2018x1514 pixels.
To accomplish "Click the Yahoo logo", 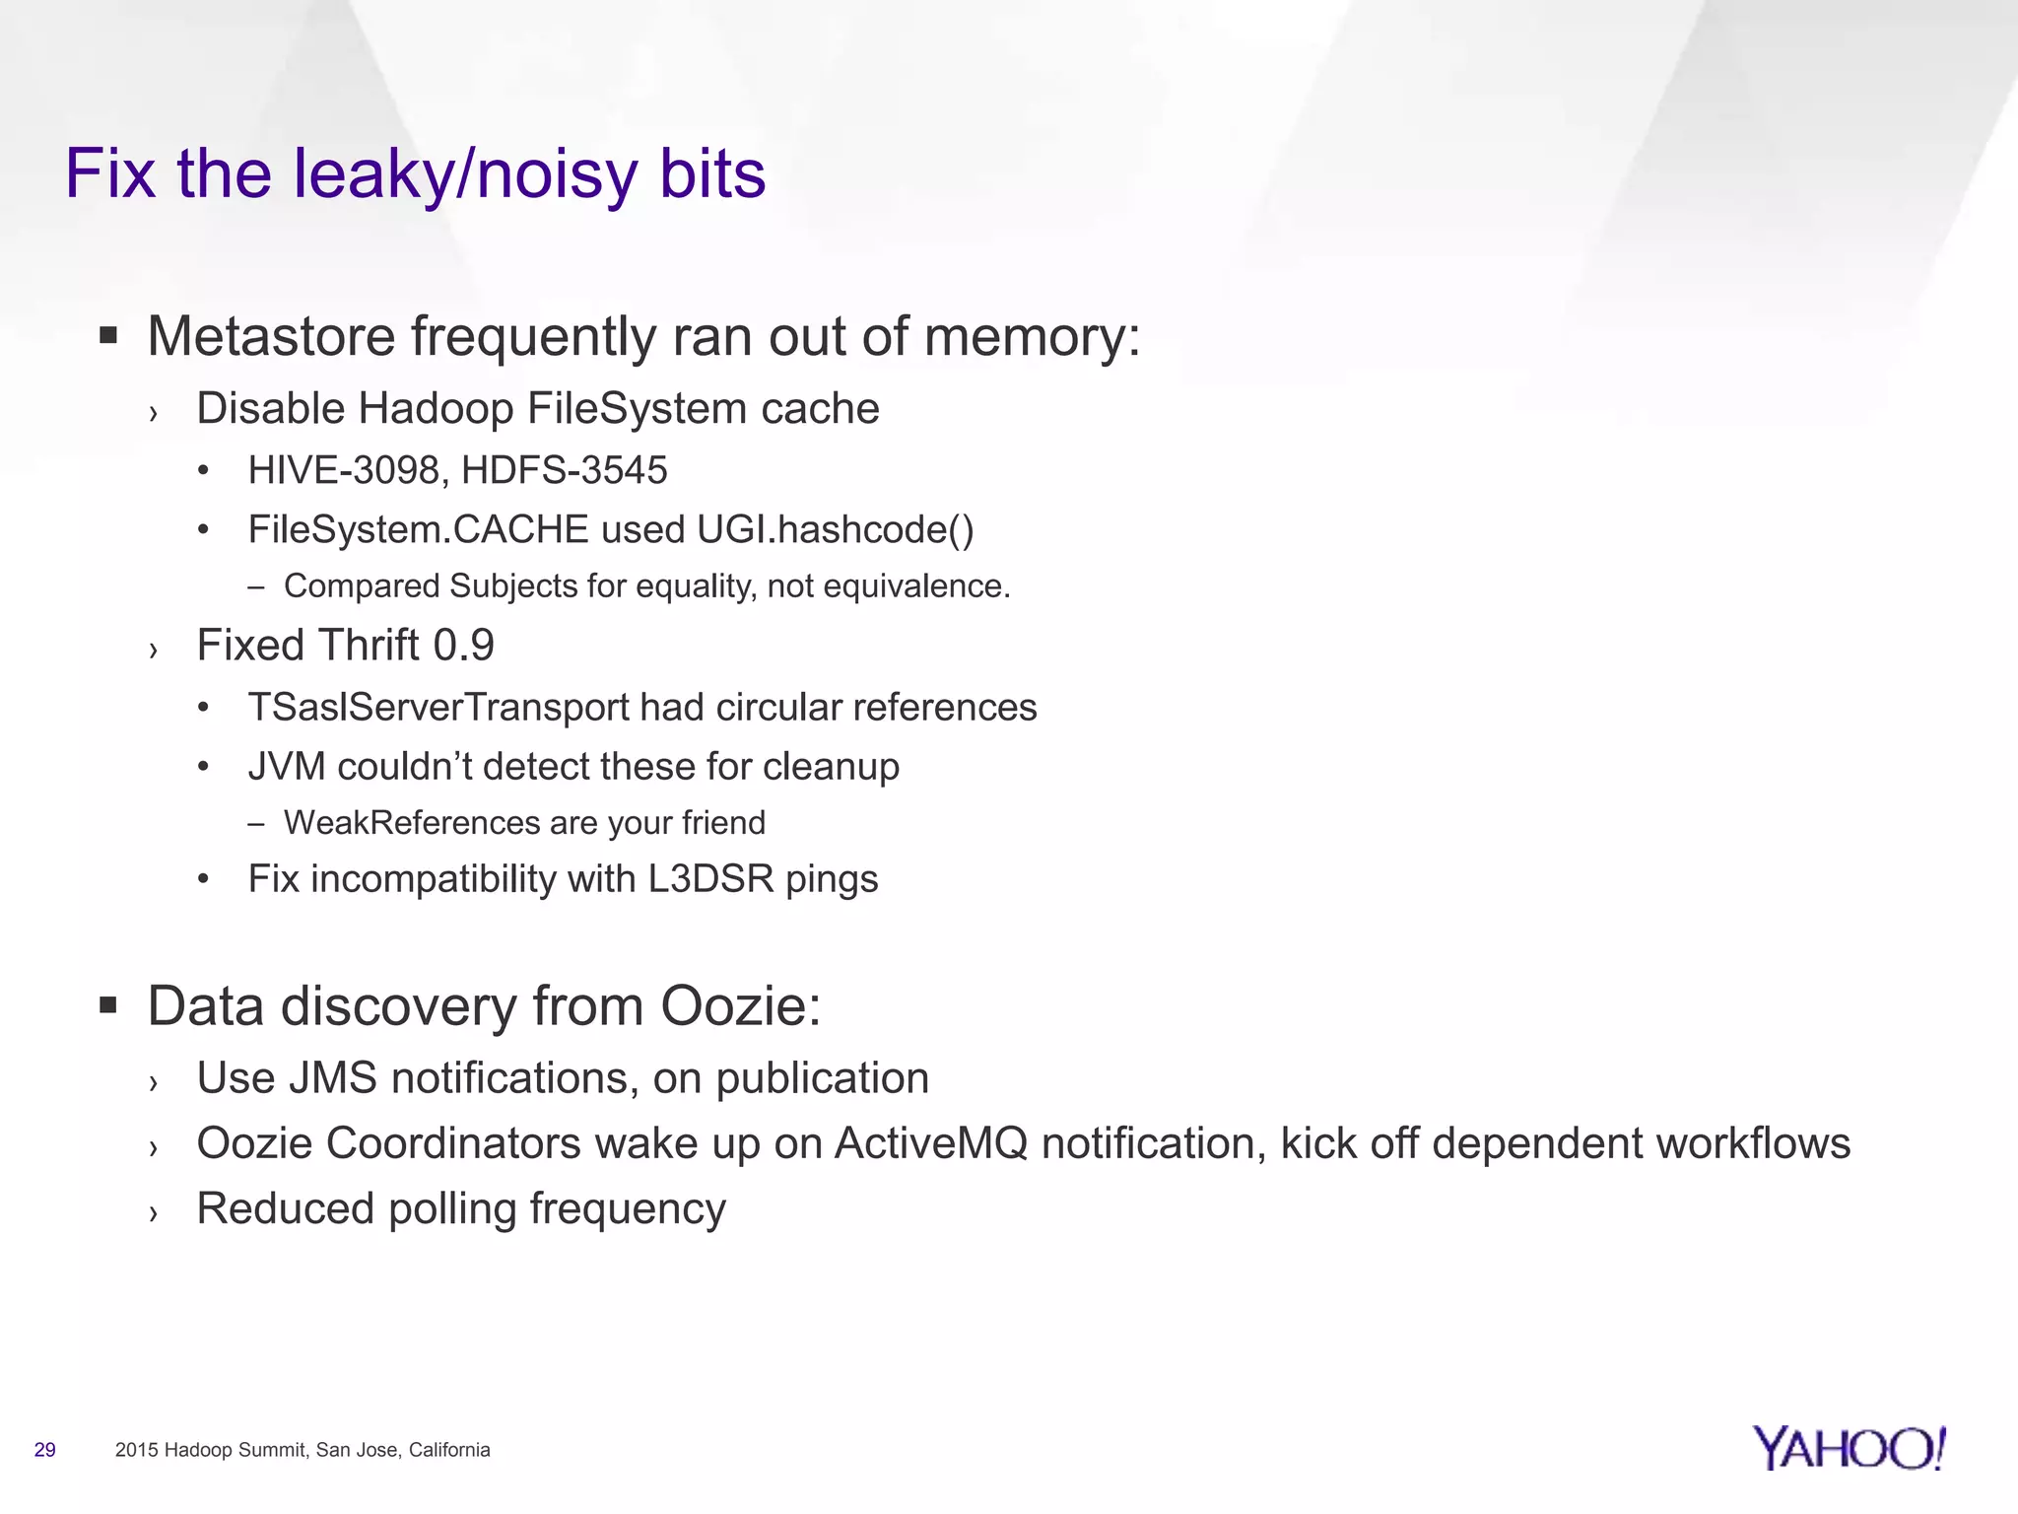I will tap(1849, 1448).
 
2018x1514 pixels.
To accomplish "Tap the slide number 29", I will tap(44, 1450).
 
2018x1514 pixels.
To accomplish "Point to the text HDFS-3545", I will tap(564, 470).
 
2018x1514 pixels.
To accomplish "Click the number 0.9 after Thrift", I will tap(463, 646).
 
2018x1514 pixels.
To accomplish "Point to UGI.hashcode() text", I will tap(835, 530).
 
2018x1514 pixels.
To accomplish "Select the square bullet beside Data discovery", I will tap(108, 1006).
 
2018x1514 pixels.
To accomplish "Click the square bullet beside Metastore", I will tap(108, 336).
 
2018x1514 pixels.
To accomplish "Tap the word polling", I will tap(452, 1209).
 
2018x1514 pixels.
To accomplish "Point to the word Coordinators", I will tap(453, 1143).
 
